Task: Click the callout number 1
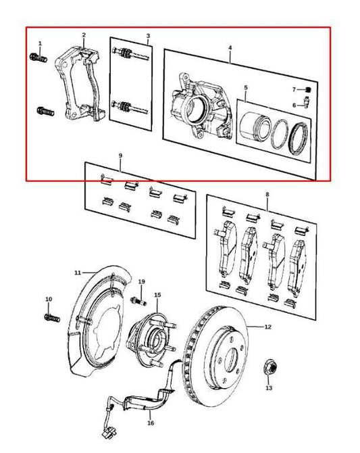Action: [40, 43]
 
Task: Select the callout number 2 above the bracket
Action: [84, 34]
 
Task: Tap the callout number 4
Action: [230, 48]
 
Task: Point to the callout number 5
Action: [245, 87]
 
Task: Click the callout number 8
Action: [267, 195]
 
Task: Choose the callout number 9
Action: [120, 156]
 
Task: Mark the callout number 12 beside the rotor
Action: [267, 327]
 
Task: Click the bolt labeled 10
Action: [52, 316]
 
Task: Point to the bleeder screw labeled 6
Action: [305, 103]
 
